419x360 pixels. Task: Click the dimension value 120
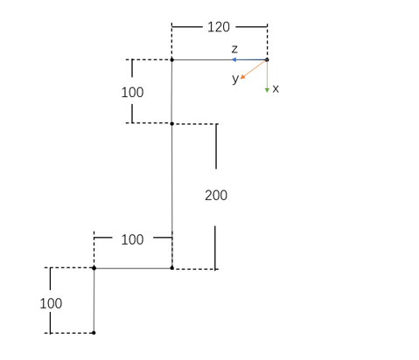pos(219,27)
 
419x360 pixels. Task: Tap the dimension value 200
pos(216,195)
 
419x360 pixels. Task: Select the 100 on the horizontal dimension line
pos(132,239)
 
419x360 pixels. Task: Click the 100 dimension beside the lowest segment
pos(51,303)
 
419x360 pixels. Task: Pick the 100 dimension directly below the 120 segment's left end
pos(132,93)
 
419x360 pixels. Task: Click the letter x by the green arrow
pos(276,88)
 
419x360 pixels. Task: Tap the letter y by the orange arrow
pos(235,79)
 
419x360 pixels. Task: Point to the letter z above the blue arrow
pos(234,49)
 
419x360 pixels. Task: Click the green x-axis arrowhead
pos(267,91)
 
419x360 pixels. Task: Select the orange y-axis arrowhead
pos(242,77)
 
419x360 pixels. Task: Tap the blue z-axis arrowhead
pos(234,59)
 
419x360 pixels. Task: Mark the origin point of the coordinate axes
pos(267,59)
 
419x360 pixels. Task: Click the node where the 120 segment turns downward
pos(171,59)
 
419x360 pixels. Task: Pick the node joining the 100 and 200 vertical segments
pos(171,124)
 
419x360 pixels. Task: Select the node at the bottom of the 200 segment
pos(172,268)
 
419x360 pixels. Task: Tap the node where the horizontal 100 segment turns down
pos(94,268)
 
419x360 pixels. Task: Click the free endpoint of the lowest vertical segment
pos(94,333)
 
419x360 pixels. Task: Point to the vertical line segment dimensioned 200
pos(172,196)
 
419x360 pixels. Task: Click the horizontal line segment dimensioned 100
pos(133,268)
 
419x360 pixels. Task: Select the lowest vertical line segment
pos(94,301)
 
